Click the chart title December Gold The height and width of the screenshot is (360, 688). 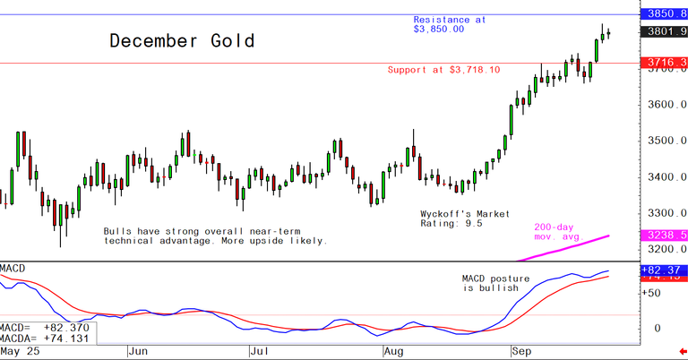pyautogui.click(x=182, y=41)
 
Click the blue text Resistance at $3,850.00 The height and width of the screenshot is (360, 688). pyautogui.click(x=450, y=24)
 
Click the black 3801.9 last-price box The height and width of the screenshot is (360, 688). pyautogui.click(x=664, y=32)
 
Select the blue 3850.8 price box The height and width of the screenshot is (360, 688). pyautogui.click(x=664, y=14)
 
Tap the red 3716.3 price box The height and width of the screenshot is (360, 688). pyautogui.click(x=664, y=63)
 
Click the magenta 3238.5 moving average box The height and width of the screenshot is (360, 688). pyautogui.click(x=664, y=234)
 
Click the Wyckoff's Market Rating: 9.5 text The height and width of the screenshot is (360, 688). pyautogui.click(x=465, y=219)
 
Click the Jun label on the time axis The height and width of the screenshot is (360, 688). pyautogui.click(x=140, y=352)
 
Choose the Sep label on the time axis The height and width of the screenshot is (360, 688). pyautogui.click(x=522, y=352)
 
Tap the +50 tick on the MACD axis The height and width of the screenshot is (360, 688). pyautogui.click(x=655, y=293)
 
